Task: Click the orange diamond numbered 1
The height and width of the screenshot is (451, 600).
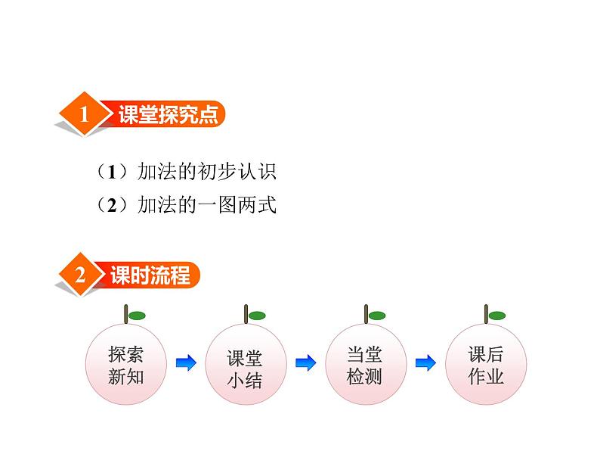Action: pyautogui.click(x=84, y=114)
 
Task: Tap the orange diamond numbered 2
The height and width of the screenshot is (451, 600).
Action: pyautogui.click(x=80, y=275)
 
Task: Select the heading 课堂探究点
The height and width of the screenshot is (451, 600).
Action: pyautogui.click(x=168, y=114)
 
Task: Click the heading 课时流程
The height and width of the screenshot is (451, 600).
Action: pyautogui.click(x=150, y=275)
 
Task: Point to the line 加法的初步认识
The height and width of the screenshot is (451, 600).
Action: pyautogui.click(x=206, y=171)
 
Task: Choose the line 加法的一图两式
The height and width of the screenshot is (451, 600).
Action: pyautogui.click(x=206, y=204)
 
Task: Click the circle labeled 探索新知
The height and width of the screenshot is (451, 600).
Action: pyautogui.click(x=126, y=364)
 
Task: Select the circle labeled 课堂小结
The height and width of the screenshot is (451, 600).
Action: pyautogui.click(x=246, y=364)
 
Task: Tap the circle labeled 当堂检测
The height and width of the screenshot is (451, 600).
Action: pyautogui.click(x=366, y=364)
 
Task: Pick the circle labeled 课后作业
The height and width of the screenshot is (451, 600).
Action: pyautogui.click(x=486, y=364)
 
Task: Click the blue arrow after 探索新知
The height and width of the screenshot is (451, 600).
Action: pyautogui.click(x=186, y=362)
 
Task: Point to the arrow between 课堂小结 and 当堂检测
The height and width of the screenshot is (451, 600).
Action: pyautogui.click(x=306, y=362)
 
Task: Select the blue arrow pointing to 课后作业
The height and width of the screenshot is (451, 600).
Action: pyautogui.click(x=425, y=362)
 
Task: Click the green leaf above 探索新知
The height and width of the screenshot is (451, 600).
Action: pyautogui.click(x=137, y=316)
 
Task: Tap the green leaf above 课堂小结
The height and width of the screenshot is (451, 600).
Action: pyautogui.click(x=257, y=316)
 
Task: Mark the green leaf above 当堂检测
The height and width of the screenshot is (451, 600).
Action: pyautogui.click(x=377, y=316)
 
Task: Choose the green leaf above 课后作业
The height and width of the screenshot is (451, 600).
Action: pyautogui.click(x=497, y=316)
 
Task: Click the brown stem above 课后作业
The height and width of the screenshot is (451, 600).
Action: pyautogui.click(x=486, y=314)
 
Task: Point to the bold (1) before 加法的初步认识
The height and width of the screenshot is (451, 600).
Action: pyautogui.click(x=112, y=172)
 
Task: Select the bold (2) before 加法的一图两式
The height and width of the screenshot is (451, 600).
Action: pyautogui.click(x=112, y=205)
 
